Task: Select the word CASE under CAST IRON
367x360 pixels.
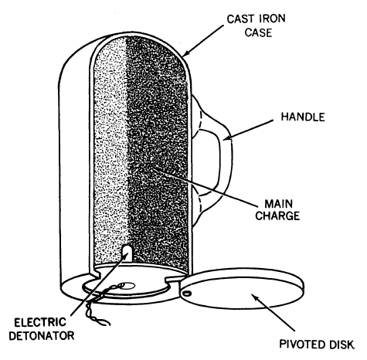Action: click(258, 32)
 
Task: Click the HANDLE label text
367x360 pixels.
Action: click(303, 117)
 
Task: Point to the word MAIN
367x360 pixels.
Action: click(279, 204)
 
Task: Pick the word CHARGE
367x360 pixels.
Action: click(277, 216)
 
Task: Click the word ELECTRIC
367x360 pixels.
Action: click(40, 323)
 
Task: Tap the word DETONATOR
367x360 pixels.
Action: click(42, 336)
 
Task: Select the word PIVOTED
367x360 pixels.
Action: click(302, 344)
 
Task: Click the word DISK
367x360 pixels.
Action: click(342, 344)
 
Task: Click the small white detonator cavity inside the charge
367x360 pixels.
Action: click(127, 253)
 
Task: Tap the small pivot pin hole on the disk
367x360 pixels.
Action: click(188, 293)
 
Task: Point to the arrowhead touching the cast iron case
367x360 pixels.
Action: click(186, 53)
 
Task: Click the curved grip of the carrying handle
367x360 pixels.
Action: click(226, 160)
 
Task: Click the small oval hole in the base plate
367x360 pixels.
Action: click(127, 285)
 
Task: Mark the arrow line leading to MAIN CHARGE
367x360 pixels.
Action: click(205, 186)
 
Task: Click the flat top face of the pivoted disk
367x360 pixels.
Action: click(242, 292)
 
